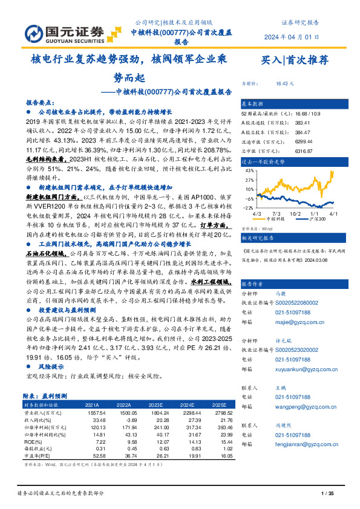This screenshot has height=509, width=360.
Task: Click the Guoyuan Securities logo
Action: coord(57,31)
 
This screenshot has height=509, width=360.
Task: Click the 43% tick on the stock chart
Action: coord(247,171)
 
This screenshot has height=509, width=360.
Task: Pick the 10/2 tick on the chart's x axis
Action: coord(295,213)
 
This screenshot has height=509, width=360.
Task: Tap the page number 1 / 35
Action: coord(326,495)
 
